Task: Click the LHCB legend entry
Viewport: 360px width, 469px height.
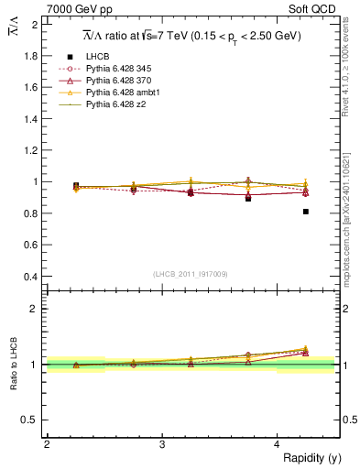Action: pos(98,57)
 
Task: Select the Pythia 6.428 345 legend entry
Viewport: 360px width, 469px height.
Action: pos(120,69)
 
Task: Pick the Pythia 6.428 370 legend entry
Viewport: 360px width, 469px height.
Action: pos(120,81)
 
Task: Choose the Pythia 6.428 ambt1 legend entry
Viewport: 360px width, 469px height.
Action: pos(123,93)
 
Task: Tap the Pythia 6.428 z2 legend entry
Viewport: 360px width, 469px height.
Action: pos(116,104)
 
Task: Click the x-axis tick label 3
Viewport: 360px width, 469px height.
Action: pos(161,444)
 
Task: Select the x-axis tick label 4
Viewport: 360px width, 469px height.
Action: pos(277,444)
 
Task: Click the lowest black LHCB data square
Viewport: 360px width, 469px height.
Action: pos(306,212)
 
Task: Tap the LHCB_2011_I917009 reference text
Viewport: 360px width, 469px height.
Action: pos(191,273)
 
